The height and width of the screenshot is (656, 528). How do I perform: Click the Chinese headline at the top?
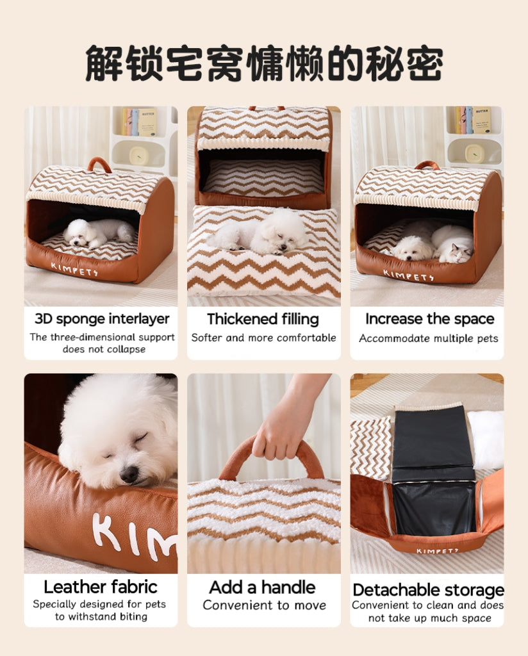pyautogui.click(x=264, y=63)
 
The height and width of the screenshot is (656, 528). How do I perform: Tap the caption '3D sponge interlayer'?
pyautogui.click(x=102, y=319)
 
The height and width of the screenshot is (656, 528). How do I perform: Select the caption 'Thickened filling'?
pyautogui.click(x=263, y=319)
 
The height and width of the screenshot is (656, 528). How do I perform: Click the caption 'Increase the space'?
pyautogui.click(x=429, y=319)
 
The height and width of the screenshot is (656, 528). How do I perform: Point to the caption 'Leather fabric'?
pyautogui.click(x=101, y=587)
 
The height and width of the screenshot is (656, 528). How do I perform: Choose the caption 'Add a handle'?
pyautogui.click(x=263, y=587)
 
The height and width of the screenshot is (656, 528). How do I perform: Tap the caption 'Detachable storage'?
pyautogui.click(x=428, y=590)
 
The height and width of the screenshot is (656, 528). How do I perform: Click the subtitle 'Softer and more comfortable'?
pyautogui.click(x=263, y=338)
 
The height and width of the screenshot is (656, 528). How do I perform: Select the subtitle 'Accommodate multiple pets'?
pyautogui.click(x=428, y=338)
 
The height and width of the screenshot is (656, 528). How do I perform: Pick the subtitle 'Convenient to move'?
pyautogui.click(x=264, y=605)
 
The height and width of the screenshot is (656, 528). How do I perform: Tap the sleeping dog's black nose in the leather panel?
pyautogui.click(x=129, y=474)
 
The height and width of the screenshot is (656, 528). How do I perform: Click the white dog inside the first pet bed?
pyautogui.click(x=96, y=232)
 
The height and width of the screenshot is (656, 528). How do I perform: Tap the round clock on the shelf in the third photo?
pyautogui.click(x=474, y=154)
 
